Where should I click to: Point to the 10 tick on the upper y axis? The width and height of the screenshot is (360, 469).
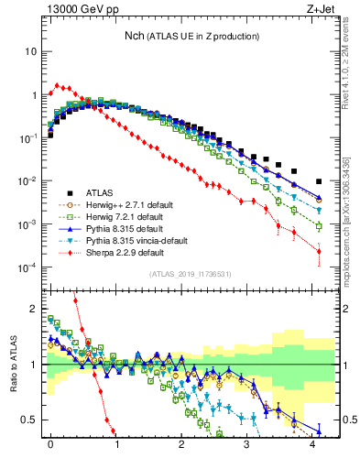click(30, 51)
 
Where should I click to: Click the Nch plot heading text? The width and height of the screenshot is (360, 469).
click(192, 36)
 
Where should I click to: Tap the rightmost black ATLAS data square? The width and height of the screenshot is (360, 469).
click(319, 181)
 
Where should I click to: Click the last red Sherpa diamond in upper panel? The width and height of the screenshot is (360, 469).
click(319, 250)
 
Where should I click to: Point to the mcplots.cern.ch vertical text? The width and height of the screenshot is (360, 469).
click(349, 220)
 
